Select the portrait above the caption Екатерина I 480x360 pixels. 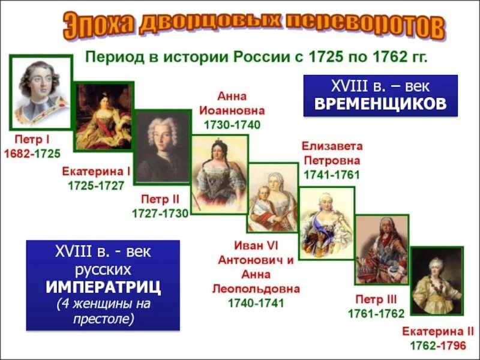coord(103,117)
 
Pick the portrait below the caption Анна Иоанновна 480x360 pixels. coord(219,175)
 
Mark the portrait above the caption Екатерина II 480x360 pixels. coord(436,280)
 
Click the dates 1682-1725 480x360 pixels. coord(32,154)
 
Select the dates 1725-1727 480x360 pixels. coord(97,185)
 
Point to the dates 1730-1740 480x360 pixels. coord(232,125)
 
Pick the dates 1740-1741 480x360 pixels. coord(256,303)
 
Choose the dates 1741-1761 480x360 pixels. coord(332,175)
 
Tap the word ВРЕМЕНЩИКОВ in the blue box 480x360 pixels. coord(380,103)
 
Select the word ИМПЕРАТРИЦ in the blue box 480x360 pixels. coord(103,287)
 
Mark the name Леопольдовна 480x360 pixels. coord(256,289)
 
